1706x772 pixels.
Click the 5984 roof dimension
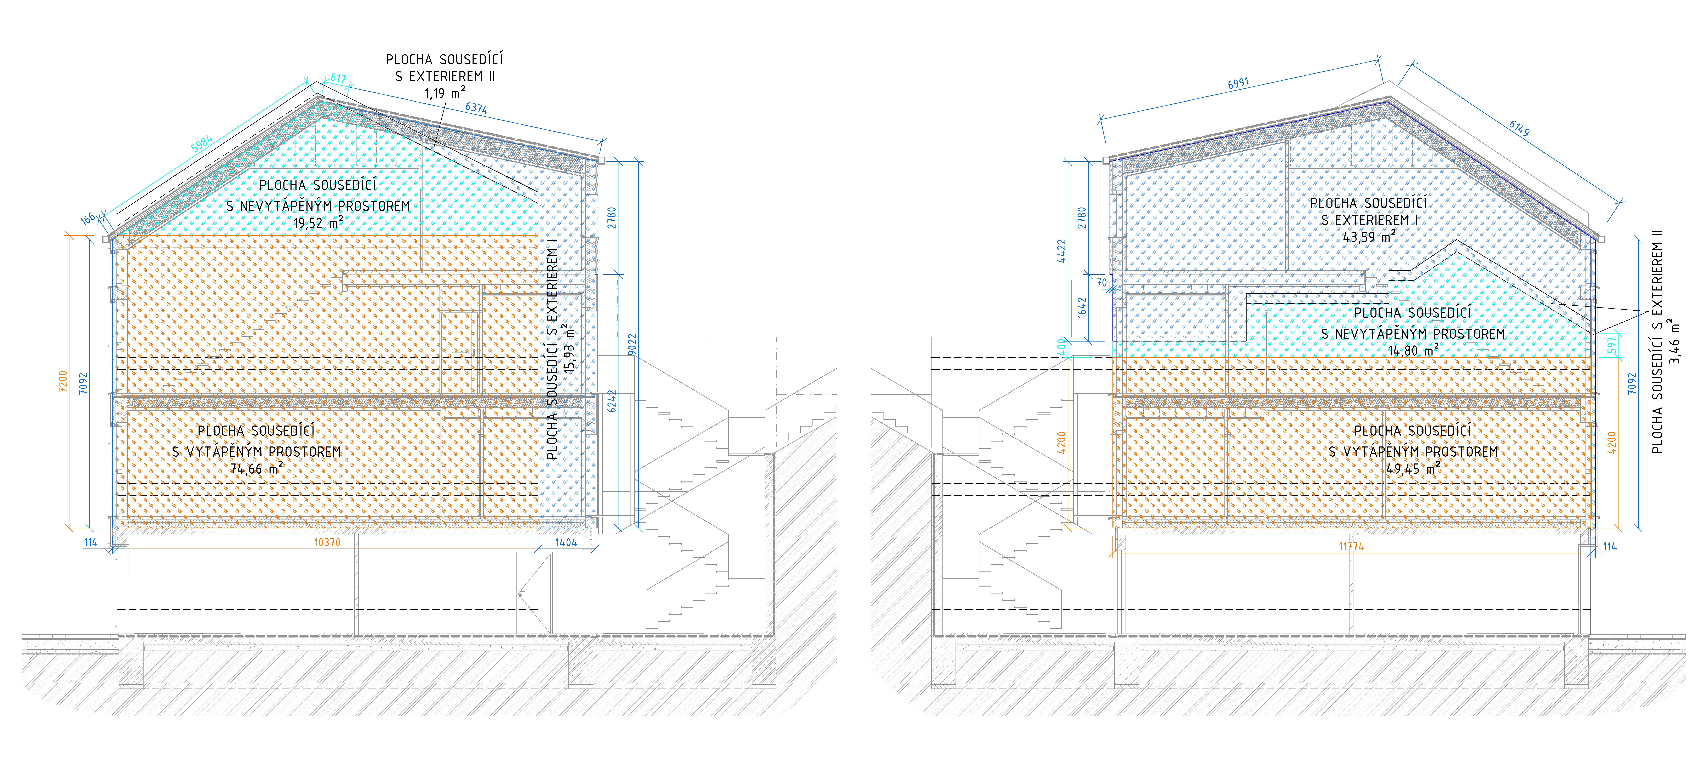click(x=201, y=143)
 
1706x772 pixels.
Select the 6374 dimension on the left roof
click(x=476, y=108)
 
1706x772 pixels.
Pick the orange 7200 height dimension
click(x=63, y=381)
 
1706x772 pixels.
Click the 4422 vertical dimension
click(x=1062, y=252)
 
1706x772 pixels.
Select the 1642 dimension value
click(x=1082, y=307)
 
